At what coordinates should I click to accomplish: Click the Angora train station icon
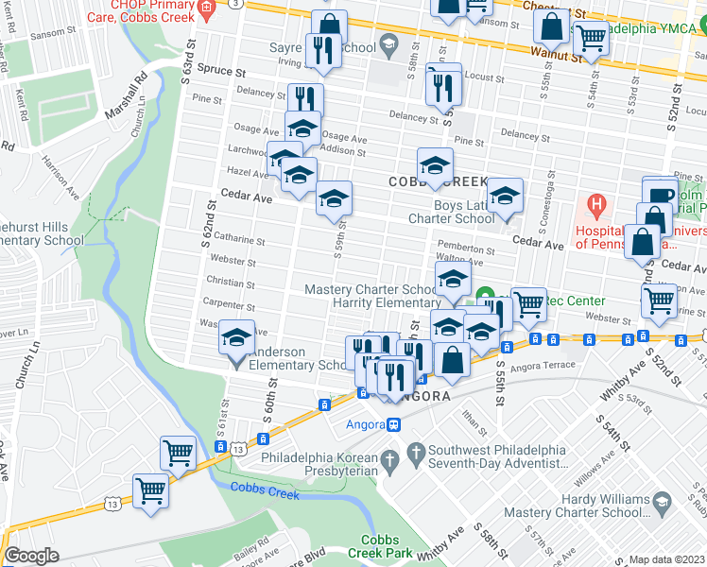click(394, 424)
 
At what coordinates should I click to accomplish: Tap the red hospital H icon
click(595, 204)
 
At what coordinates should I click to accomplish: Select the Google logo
click(31, 556)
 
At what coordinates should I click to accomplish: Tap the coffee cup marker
click(661, 195)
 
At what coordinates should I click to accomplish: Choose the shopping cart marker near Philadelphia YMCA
click(591, 39)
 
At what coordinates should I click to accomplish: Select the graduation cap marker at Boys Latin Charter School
click(506, 196)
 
